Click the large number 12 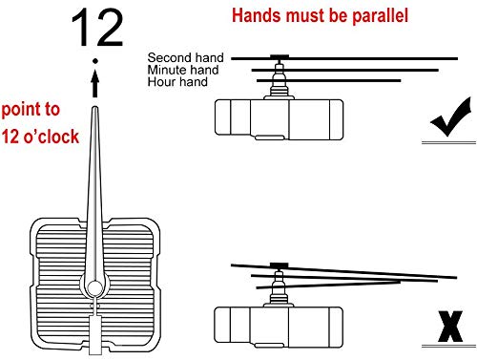click(x=97, y=28)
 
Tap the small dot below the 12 click(x=94, y=61)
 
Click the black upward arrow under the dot click(x=94, y=84)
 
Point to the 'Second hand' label click(x=186, y=57)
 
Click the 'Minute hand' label click(x=183, y=70)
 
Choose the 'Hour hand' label click(x=177, y=82)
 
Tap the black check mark click(x=450, y=117)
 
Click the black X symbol click(x=450, y=327)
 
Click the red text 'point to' click(x=31, y=110)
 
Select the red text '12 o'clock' click(x=40, y=137)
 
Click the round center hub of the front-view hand click(x=94, y=288)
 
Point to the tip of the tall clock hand click(x=94, y=107)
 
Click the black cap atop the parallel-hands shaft click(x=280, y=56)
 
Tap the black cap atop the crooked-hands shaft click(x=279, y=265)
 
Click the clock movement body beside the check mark click(x=279, y=119)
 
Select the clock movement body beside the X click(x=279, y=328)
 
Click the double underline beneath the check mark click(x=448, y=142)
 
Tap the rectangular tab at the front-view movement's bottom click(x=94, y=335)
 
